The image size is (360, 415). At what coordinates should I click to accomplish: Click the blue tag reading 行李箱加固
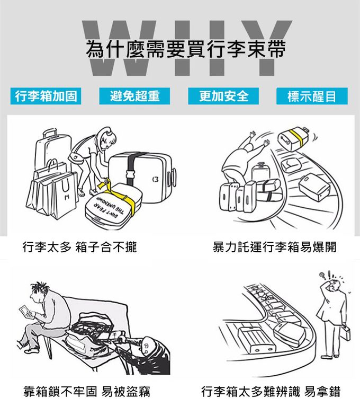pyautogui.click(x=46, y=96)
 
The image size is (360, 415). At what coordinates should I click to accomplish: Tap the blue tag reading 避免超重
pyautogui.click(x=134, y=96)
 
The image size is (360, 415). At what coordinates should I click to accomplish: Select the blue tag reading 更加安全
pyautogui.click(x=223, y=96)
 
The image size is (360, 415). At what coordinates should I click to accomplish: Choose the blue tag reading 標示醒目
pyautogui.click(x=312, y=96)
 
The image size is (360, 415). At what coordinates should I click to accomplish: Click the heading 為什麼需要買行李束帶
pyautogui.click(x=186, y=49)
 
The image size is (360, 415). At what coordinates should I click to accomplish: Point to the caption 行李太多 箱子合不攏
pyautogui.click(x=79, y=247)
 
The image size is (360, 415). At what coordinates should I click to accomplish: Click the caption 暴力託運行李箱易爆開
pyautogui.click(x=274, y=247)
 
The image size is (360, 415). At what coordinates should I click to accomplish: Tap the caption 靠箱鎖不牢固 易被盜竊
pyautogui.click(x=87, y=392)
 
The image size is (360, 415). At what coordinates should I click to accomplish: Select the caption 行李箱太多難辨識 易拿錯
pyautogui.click(x=271, y=392)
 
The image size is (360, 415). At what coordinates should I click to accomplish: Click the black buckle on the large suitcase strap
pyautogui.click(x=131, y=175)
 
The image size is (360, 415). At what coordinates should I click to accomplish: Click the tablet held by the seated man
pyautogui.click(x=25, y=312)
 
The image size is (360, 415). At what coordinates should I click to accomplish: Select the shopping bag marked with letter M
pyautogui.click(x=64, y=196)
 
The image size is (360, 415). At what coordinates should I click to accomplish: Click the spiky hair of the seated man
pyautogui.click(x=40, y=287)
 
